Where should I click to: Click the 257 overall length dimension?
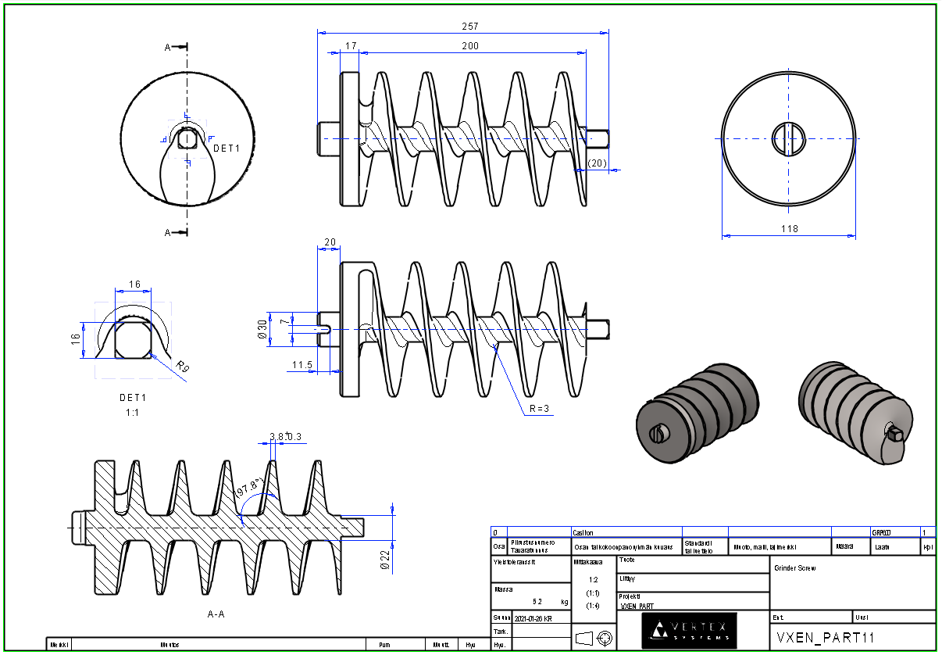469,27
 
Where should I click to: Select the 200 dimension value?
469,46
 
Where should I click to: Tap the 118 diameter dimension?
789,229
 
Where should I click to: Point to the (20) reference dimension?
597,163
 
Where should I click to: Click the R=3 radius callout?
539,409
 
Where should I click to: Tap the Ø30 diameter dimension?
262,329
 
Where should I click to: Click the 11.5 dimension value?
303,365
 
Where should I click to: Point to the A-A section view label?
216,614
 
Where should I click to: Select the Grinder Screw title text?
794,568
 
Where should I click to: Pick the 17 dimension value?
350,46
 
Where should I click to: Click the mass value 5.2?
537,602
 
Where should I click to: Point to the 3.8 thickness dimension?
276,436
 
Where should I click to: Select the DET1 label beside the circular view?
227,148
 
